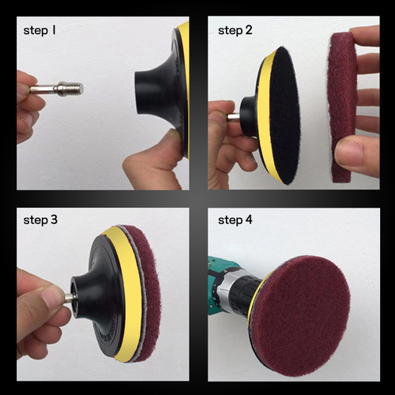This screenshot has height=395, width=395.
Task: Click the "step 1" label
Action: [39, 31]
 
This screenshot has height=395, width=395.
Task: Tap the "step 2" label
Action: [235, 31]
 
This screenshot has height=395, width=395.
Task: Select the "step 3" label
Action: [40, 220]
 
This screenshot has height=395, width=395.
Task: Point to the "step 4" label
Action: [235, 220]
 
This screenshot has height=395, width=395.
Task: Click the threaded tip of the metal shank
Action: [77, 88]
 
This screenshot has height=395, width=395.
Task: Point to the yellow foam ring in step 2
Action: [264, 116]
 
